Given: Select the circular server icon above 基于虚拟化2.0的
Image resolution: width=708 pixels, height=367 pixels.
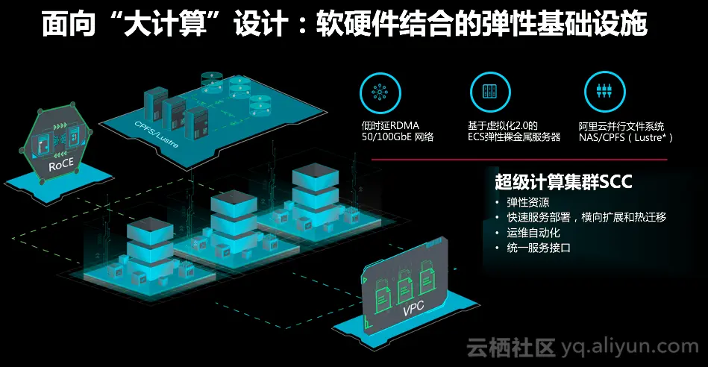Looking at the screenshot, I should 490,91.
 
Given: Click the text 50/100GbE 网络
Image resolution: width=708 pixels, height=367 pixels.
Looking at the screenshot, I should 398,138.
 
